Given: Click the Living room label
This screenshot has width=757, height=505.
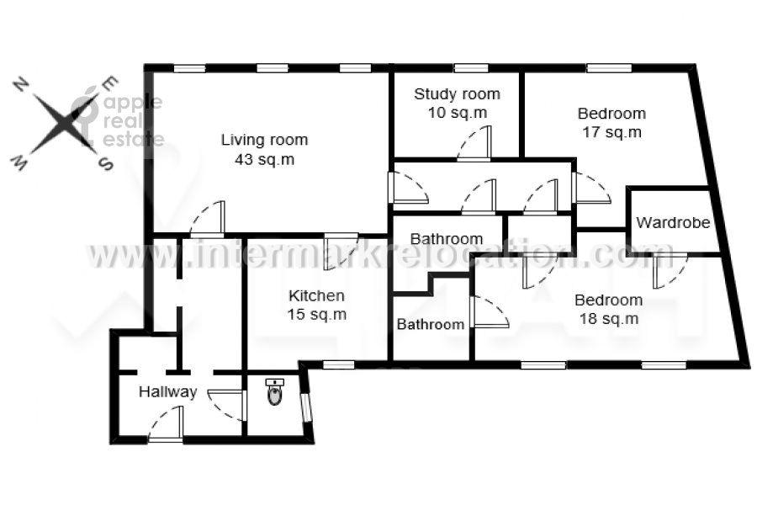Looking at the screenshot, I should (264, 149).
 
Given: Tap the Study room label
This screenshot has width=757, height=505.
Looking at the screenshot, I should (457, 103).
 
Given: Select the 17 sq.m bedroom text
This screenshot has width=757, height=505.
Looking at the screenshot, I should (611, 123).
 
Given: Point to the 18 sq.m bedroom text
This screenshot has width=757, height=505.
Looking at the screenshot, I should (608, 309).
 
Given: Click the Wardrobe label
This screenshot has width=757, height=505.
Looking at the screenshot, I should (673, 223).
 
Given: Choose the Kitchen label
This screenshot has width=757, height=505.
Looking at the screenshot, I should (316, 305).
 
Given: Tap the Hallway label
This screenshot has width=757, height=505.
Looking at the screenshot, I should (168, 391).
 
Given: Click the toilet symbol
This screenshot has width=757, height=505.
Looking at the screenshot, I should (275, 392).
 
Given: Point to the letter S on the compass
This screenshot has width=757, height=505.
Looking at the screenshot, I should (105, 163).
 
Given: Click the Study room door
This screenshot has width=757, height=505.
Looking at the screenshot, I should (474, 144).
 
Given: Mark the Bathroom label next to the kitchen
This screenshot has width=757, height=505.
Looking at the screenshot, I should (431, 325).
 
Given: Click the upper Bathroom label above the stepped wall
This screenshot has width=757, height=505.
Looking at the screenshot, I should (447, 239).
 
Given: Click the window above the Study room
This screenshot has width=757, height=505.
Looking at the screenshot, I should (471, 68).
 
